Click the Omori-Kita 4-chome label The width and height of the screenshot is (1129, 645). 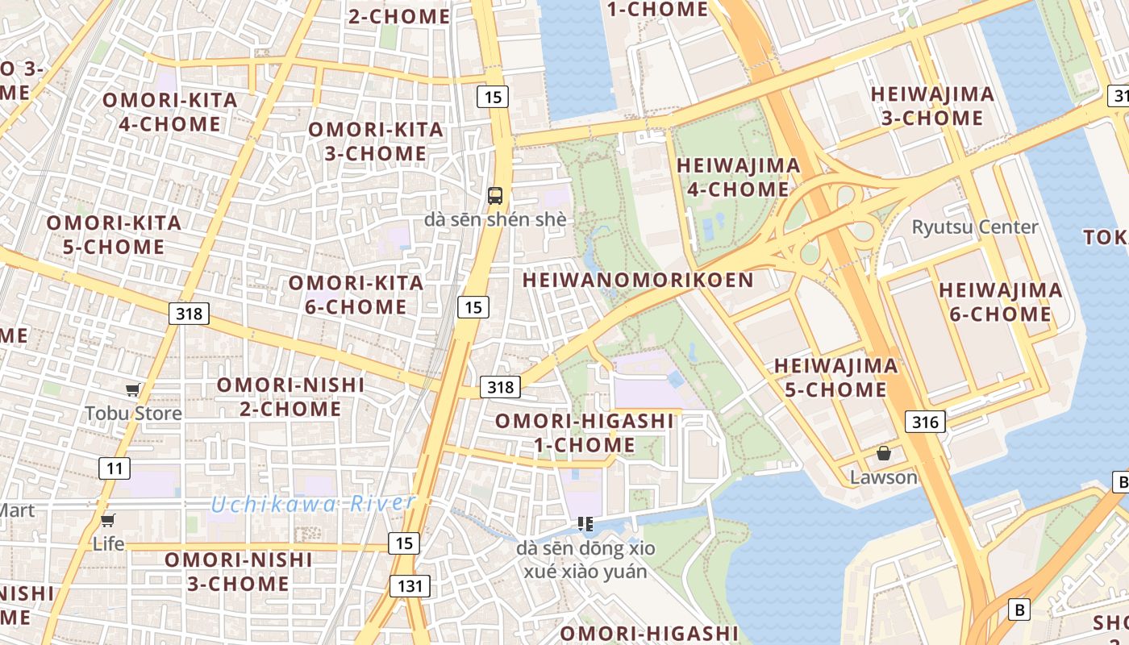pyautogui.click(x=169, y=112)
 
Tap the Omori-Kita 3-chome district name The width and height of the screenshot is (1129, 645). pyautogui.click(x=376, y=141)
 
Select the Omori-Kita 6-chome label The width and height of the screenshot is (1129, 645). pyautogui.click(x=356, y=294)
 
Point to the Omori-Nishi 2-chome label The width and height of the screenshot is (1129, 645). pyautogui.click(x=290, y=397)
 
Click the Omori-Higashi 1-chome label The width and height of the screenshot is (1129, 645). pyautogui.click(x=585, y=433)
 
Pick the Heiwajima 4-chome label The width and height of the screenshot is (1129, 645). pyautogui.click(x=738, y=177)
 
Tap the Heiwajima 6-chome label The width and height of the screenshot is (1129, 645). pyautogui.click(x=1000, y=302)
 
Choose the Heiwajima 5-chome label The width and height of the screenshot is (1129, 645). pyautogui.click(x=835, y=377)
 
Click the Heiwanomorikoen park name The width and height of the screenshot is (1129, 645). pyautogui.click(x=638, y=281)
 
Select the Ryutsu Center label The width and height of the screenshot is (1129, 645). pyautogui.click(x=975, y=227)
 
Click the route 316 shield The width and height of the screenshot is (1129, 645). pyautogui.click(x=925, y=422)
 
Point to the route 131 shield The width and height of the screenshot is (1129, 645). pyautogui.click(x=410, y=586)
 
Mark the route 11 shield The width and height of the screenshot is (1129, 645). pyautogui.click(x=114, y=468)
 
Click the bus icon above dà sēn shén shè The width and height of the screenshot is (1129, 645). pyautogui.click(x=494, y=195)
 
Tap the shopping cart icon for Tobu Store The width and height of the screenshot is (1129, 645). pyautogui.click(x=133, y=390)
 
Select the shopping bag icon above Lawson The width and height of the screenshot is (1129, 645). pyautogui.click(x=884, y=453)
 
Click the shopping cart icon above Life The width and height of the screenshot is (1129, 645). pyautogui.click(x=107, y=520)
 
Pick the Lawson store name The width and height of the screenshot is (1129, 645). pyautogui.click(x=884, y=477)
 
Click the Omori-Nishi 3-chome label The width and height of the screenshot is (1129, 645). pyautogui.click(x=239, y=571)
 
